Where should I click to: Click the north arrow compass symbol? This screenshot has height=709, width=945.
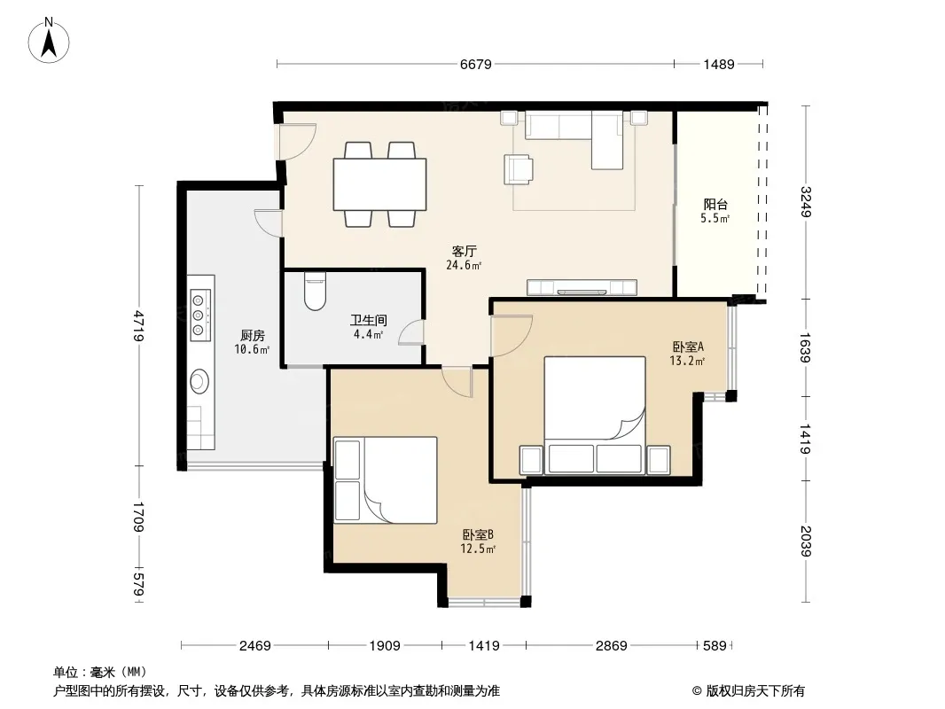tap(49, 40)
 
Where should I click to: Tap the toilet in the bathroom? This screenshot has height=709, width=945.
tap(315, 291)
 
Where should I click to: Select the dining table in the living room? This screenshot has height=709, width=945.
tap(379, 184)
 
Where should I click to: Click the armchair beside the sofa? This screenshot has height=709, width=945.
tap(519, 168)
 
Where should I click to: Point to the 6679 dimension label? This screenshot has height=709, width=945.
tap(476, 64)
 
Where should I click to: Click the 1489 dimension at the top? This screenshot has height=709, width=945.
tap(719, 64)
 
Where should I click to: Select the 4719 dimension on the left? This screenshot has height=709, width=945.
tap(138, 326)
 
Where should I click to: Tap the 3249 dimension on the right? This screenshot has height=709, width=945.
tap(806, 202)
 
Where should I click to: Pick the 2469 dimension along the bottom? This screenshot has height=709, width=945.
tap(255, 646)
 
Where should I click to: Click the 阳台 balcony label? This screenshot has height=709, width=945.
tap(715, 204)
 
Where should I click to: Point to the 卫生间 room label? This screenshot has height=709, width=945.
tap(369, 321)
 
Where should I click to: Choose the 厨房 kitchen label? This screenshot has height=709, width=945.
tap(253, 336)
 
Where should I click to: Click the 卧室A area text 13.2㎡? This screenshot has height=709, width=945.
tap(687, 362)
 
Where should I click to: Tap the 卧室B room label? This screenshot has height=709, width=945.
tap(478, 534)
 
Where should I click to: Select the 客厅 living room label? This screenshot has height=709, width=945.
tap(464, 251)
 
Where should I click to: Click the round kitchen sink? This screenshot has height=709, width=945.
tap(199, 381)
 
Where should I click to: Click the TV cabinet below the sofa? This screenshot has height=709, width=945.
tap(582, 287)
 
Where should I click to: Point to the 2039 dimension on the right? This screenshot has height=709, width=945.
tap(806, 541)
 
